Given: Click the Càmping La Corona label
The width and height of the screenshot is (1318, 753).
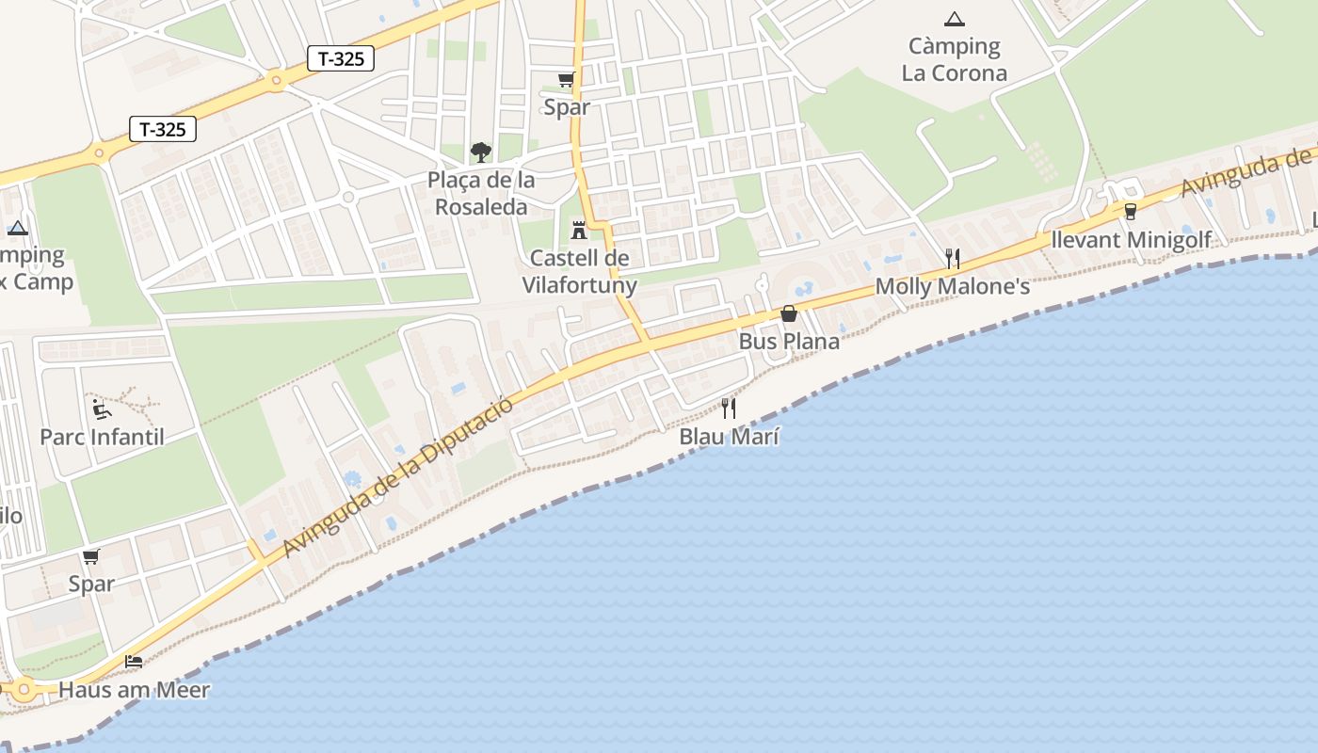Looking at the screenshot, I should coord(954,59).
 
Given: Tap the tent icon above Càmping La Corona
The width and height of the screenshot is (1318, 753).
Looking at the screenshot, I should coord(954,19).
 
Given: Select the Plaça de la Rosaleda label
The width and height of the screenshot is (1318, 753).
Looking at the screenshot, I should coord(481,193).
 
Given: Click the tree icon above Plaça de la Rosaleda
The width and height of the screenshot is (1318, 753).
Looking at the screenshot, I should coord(481,152).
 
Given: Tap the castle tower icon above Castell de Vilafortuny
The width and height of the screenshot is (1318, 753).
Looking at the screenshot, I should coord(578,230).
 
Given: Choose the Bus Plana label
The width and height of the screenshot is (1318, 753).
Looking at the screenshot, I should coord(789,341).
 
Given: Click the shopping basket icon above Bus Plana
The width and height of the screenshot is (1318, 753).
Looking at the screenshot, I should coord(789,313).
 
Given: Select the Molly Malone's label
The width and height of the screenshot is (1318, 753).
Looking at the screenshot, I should coord(953,286).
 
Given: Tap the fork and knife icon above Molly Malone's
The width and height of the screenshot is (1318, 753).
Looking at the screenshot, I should coord(953,258).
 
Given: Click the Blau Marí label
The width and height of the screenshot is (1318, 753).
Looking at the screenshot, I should coord(729,437).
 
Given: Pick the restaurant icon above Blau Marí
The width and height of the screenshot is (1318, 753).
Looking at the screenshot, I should coord(729,408).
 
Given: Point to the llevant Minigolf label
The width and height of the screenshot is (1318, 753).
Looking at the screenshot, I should coord(1130,239).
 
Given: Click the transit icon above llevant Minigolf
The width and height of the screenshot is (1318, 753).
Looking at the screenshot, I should coord(1131,211).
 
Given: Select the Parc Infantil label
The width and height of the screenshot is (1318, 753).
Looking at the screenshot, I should coord(102,437).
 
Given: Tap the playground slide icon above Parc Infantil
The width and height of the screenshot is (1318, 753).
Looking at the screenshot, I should coord(102,409).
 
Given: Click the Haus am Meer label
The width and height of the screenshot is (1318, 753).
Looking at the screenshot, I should coord(134,690).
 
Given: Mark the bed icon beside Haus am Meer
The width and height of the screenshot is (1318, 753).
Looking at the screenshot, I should coord(134,662).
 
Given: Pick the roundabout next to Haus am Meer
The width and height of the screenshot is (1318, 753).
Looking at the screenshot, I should coord(24,689).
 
